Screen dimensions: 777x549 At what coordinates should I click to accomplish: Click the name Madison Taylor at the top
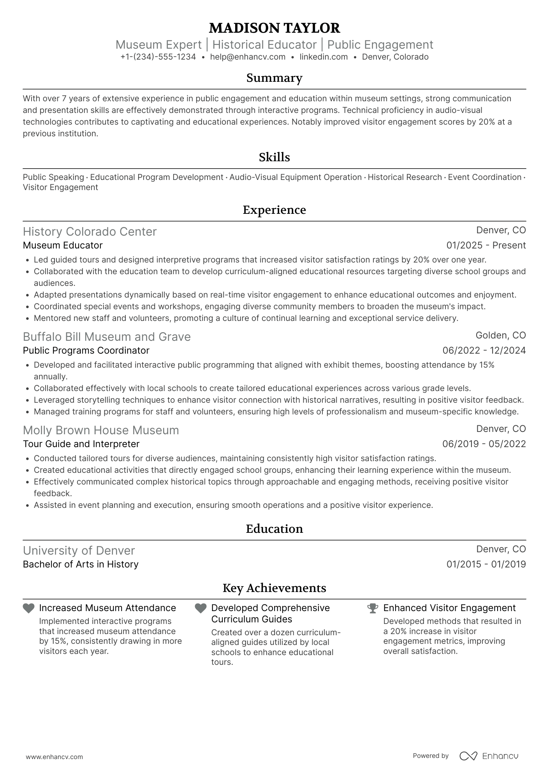click(x=274, y=28)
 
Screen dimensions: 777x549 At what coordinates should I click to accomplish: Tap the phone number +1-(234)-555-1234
click(x=158, y=57)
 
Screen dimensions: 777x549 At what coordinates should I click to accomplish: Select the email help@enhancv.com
click(x=248, y=57)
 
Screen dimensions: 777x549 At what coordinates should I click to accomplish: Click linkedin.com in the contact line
click(x=324, y=57)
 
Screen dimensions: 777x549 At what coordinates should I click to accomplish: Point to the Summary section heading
click(x=274, y=78)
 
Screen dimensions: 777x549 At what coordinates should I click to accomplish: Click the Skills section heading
click(x=274, y=157)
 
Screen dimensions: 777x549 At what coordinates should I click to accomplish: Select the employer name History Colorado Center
click(x=90, y=232)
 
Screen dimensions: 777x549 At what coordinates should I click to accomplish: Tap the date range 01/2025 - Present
click(x=486, y=245)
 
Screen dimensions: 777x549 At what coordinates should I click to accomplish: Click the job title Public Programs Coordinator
click(x=86, y=351)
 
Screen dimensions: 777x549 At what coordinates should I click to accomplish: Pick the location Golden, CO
click(x=500, y=335)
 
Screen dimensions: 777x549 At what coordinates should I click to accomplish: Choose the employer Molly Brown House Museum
click(x=101, y=430)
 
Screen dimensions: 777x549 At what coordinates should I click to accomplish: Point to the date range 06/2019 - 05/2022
click(x=484, y=444)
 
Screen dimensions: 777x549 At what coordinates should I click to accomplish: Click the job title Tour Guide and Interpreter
click(x=81, y=444)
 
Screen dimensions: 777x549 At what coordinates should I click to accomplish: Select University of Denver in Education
click(x=79, y=551)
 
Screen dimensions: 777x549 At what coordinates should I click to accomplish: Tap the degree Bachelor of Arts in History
click(x=81, y=564)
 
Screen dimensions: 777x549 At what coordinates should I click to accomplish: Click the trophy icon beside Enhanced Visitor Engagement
click(x=373, y=608)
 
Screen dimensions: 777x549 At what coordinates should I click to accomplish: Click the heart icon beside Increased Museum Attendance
click(x=28, y=608)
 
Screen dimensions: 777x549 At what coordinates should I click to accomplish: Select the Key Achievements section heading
click(x=274, y=588)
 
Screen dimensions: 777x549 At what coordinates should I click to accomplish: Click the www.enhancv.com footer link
click(x=55, y=757)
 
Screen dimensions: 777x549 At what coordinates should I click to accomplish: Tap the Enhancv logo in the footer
click(x=489, y=756)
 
